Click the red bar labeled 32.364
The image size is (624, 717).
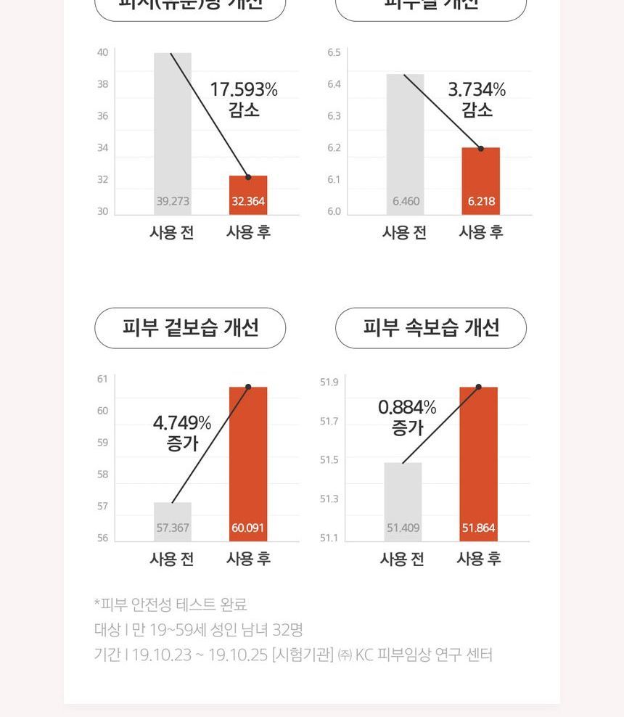tap(248, 194)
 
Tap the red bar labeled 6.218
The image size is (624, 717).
tap(481, 181)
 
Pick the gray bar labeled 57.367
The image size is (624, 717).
tap(173, 521)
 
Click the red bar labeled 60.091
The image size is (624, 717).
tap(248, 464)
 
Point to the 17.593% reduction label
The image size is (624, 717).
tap(244, 99)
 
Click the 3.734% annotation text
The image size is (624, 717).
tap(477, 99)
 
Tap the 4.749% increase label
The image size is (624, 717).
tap(182, 433)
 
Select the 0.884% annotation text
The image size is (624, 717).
tap(407, 417)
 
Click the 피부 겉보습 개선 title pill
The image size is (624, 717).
tap(190, 328)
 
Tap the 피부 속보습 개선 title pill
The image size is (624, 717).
tap(431, 328)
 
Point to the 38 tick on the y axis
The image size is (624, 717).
tap(103, 84)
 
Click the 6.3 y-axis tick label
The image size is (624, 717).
tap(334, 116)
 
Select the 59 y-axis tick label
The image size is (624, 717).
tap(103, 443)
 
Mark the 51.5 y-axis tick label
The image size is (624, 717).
tap(329, 460)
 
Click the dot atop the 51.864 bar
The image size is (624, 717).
tap(479, 387)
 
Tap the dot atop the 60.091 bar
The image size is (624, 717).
tap(248, 387)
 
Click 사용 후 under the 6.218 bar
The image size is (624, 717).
tap(481, 233)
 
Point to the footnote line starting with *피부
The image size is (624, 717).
tap(171, 605)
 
